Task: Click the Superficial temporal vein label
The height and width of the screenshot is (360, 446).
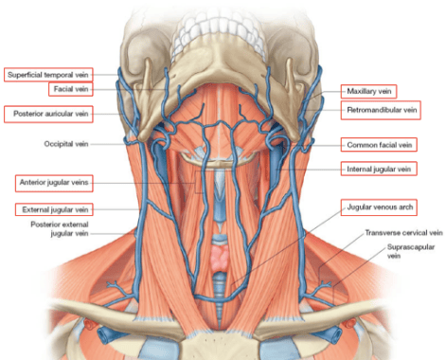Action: click(48, 75)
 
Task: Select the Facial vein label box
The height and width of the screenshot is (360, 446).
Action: click(71, 89)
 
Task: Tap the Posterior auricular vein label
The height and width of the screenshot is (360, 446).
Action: click(48, 114)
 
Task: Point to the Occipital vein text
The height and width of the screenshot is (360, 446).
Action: click(66, 144)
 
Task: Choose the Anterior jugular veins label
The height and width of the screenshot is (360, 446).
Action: click(54, 183)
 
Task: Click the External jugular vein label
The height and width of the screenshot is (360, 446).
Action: click(54, 209)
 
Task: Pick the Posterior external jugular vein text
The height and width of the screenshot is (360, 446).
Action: click(60, 229)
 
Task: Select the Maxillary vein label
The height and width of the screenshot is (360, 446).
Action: click(368, 92)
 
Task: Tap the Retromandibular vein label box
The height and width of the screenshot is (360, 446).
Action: click(381, 110)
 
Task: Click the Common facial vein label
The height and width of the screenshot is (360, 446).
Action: click(379, 145)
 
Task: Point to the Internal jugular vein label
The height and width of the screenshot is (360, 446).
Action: click(379, 169)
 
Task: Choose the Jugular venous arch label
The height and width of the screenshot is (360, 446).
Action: click(379, 207)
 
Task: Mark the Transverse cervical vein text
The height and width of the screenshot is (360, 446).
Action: click(403, 233)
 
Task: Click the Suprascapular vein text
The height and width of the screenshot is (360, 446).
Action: click(411, 251)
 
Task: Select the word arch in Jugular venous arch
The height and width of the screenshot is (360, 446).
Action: click(405, 207)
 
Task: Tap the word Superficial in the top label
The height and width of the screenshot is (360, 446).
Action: click(25, 75)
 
